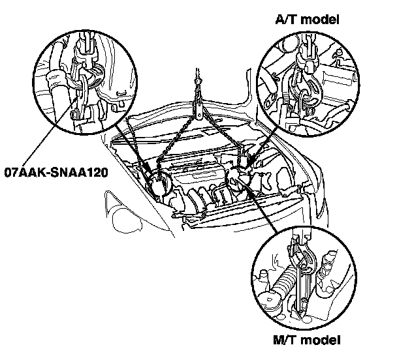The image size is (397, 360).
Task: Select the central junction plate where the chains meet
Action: pyautogui.click(x=197, y=102)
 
